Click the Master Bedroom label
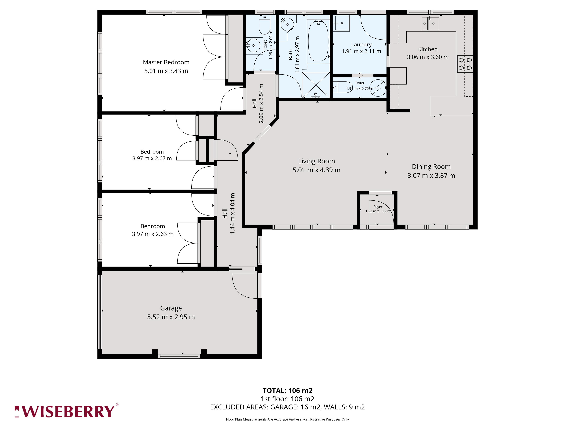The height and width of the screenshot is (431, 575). coord(166,62)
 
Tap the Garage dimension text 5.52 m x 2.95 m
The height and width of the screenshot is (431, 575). coord(171,317)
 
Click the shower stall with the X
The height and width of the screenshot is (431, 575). coord(316,85)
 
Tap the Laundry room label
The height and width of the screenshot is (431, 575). coord(361,45)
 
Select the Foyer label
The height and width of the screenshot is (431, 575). coord(378,207)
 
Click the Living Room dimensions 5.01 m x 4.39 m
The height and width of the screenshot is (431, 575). coord(316,170)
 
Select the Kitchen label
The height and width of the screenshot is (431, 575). coord(428,49)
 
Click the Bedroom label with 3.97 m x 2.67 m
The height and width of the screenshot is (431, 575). coord(152,152)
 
